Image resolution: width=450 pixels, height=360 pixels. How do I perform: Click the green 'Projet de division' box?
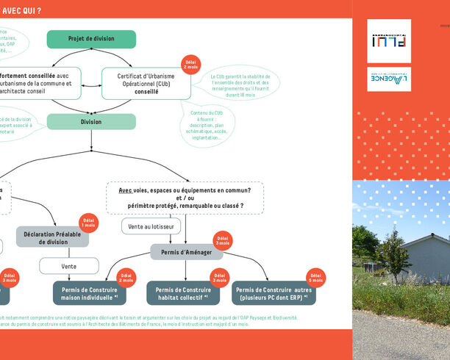tap(91, 39)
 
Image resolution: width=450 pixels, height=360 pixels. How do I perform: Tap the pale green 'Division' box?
tap(91, 122)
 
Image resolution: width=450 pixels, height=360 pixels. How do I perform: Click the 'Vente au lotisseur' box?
tap(151, 226)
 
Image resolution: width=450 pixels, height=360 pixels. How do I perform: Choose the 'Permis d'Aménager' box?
tap(185, 253)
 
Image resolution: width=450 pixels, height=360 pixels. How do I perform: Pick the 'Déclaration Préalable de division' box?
tap(52, 237)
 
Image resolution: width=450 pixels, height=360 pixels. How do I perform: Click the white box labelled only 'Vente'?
tap(68, 266)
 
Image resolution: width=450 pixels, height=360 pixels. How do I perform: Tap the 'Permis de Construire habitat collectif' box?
tap(183, 294)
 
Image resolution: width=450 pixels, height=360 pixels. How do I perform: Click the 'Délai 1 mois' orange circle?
tap(89, 223)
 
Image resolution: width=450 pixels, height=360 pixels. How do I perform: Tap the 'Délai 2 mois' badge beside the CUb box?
tap(190, 64)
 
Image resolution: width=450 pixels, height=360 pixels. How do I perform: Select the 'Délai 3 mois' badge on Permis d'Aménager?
tap(222, 240)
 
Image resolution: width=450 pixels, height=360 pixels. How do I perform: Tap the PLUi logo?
tap(388, 41)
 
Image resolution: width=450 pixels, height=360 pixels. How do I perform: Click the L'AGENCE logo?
tap(388, 79)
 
